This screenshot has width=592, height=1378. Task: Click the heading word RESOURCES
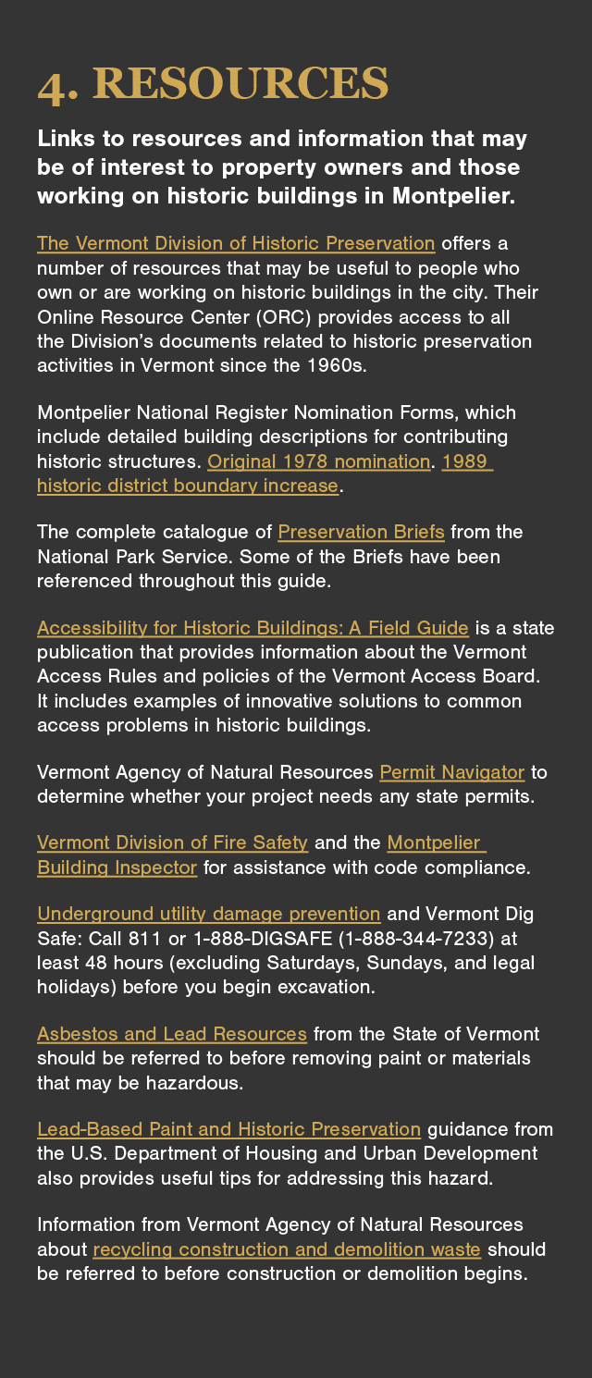240,84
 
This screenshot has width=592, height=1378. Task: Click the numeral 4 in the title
52,86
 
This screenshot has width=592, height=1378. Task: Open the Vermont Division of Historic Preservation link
235,243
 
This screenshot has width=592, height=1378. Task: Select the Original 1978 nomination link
318,461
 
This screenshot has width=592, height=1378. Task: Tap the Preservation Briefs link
361,532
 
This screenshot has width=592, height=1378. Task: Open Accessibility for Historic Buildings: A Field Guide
253,628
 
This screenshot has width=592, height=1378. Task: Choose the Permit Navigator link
451,771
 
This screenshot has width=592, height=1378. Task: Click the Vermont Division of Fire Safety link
172,843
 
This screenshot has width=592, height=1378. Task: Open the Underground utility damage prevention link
208,914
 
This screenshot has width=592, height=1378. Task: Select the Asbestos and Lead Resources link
171,1033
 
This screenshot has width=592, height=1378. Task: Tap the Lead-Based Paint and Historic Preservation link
228,1129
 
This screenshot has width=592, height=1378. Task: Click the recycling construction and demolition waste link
287,1249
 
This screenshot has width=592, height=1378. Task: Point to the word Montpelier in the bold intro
453,196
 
